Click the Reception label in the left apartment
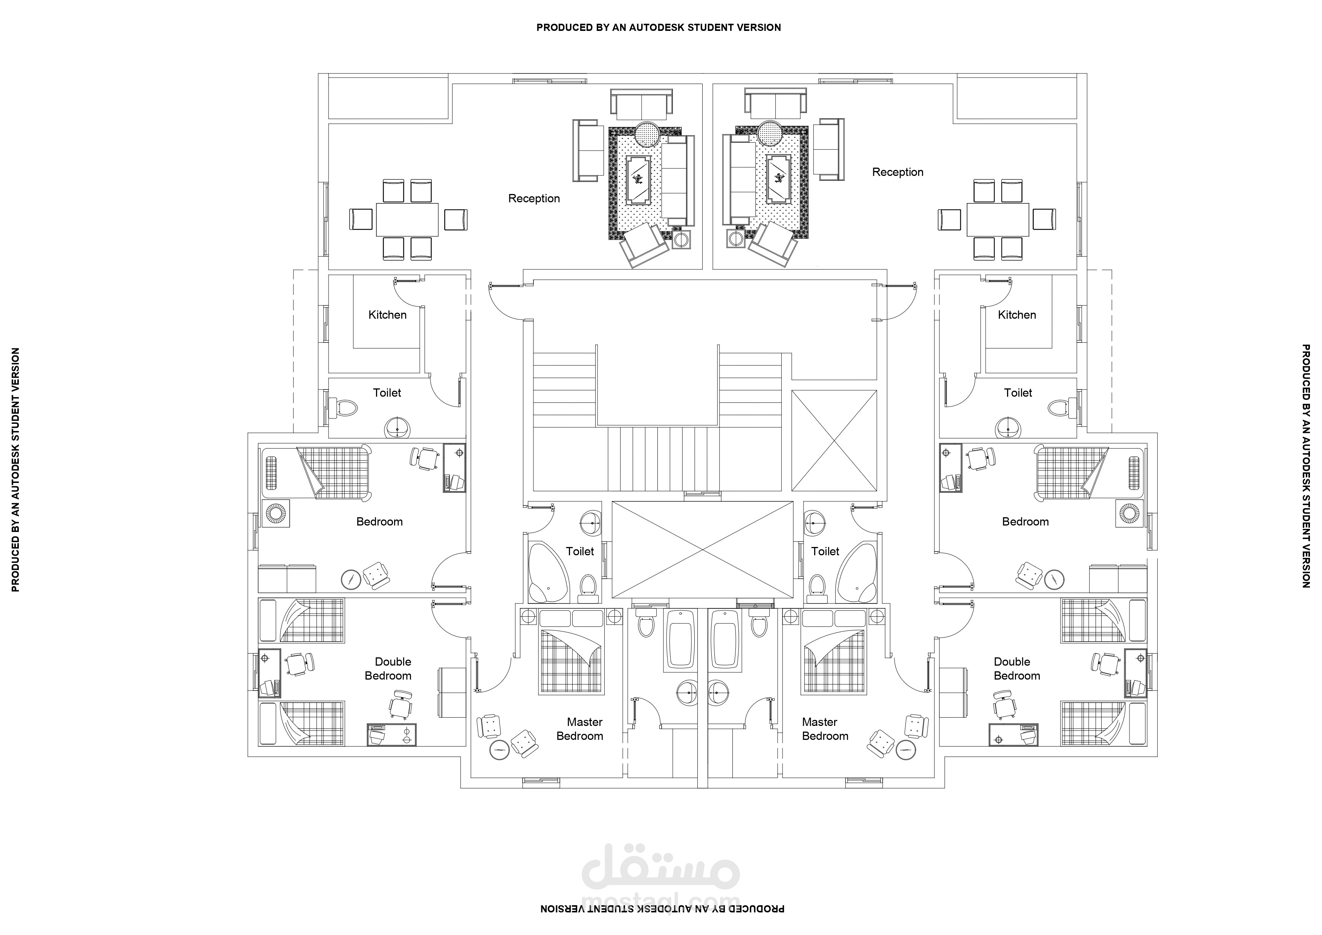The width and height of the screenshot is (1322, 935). (x=534, y=199)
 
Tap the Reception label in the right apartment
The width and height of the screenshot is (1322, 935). (x=898, y=172)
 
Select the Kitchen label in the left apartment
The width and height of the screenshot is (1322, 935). (x=388, y=315)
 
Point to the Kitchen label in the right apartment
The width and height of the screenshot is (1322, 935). (x=1017, y=315)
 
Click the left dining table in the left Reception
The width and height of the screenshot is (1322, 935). (x=407, y=219)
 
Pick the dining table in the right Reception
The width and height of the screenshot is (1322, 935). (x=998, y=219)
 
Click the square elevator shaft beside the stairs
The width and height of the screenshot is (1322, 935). (x=834, y=440)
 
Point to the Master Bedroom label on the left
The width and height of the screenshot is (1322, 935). (x=580, y=729)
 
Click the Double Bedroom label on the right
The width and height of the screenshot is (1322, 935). (x=1017, y=668)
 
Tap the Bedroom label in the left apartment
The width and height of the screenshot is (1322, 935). (x=379, y=522)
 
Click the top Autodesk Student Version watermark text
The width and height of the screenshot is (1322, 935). (x=659, y=27)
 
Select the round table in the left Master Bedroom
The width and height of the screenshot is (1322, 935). (x=499, y=750)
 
